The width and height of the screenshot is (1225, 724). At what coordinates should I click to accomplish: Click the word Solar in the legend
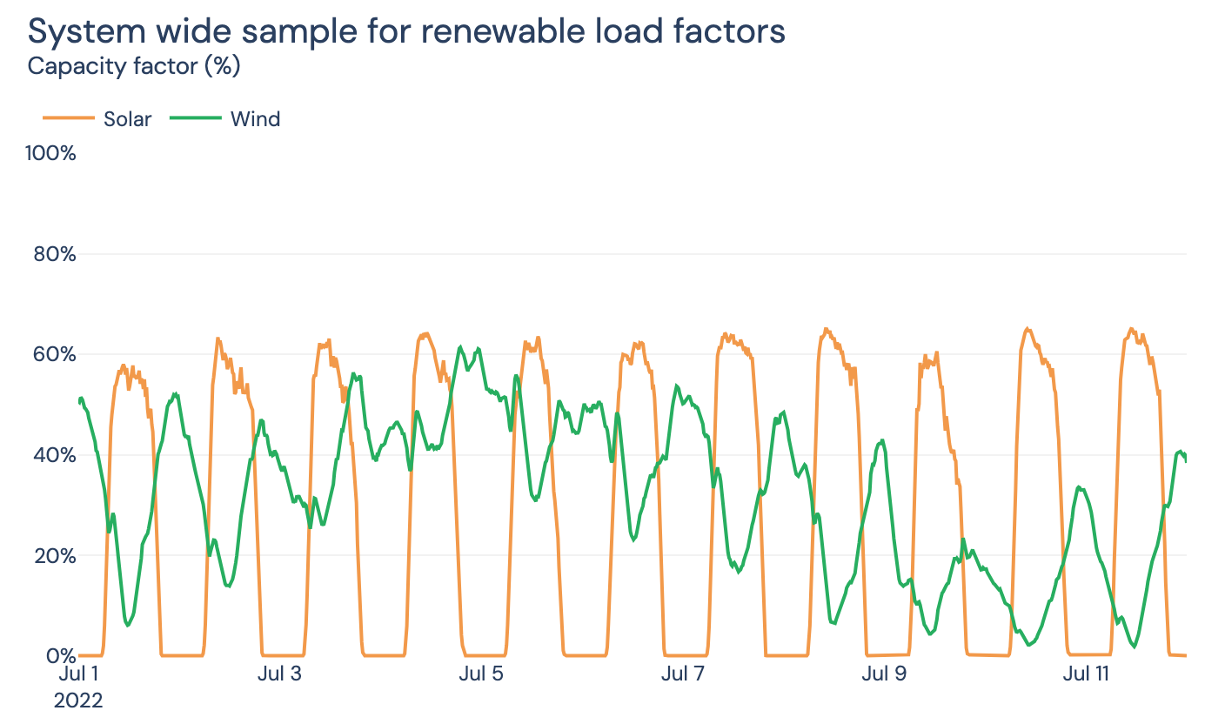pyautogui.click(x=127, y=119)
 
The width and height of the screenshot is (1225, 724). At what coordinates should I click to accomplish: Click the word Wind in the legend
pyautogui.click(x=255, y=119)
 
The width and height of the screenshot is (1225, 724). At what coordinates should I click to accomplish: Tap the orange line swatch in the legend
pyautogui.click(x=68, y=119)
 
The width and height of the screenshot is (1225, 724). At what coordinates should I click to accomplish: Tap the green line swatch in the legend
pyautogui.click(x=195, y=119)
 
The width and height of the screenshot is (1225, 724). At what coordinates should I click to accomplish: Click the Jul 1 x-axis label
pyautogui.click(x=78, y=674)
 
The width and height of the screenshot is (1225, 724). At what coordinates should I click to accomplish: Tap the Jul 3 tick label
pyautogui.click(x=279, y=674)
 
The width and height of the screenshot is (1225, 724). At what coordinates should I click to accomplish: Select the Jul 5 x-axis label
pyautogui.click(x=480, y=674)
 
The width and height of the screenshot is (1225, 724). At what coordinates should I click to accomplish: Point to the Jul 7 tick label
pyautogui.click(x=683, y=674)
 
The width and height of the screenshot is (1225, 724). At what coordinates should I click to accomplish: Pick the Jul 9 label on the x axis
pyautogui.click(x=884, y=674)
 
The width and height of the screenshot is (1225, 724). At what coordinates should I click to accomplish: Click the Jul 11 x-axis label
pyautogui.click(x=1087, y=674)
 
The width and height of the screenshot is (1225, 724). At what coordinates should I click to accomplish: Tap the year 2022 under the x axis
pyautogui.click(x=78, y=701)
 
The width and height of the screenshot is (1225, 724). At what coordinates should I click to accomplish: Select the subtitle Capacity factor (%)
pyautogui.click(x=134, y=65)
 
